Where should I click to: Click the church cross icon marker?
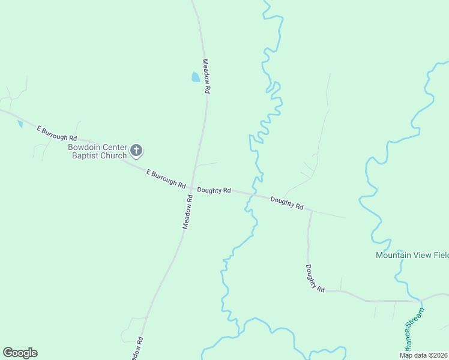[136, 150]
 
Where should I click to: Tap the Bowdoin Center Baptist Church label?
[97, 151]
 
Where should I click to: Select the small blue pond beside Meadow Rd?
[195, 77]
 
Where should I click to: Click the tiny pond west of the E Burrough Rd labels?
[20, 124]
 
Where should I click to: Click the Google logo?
[20, 353]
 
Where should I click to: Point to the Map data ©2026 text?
[423, 355]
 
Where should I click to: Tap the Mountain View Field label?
[412, 255]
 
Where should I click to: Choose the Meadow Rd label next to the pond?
[206, 76]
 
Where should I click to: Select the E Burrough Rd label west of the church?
[56, 133]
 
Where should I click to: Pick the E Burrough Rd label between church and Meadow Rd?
[166, 179]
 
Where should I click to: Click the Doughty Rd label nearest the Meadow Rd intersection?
[214, 190]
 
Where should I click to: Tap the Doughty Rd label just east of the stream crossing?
[286, 203]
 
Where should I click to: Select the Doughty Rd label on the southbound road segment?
[315, 278]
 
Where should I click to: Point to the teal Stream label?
[414, 330]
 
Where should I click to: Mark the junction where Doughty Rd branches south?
[311, 211]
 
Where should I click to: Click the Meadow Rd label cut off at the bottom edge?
[137, 349]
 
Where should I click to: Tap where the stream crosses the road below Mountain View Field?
[420, 300]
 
